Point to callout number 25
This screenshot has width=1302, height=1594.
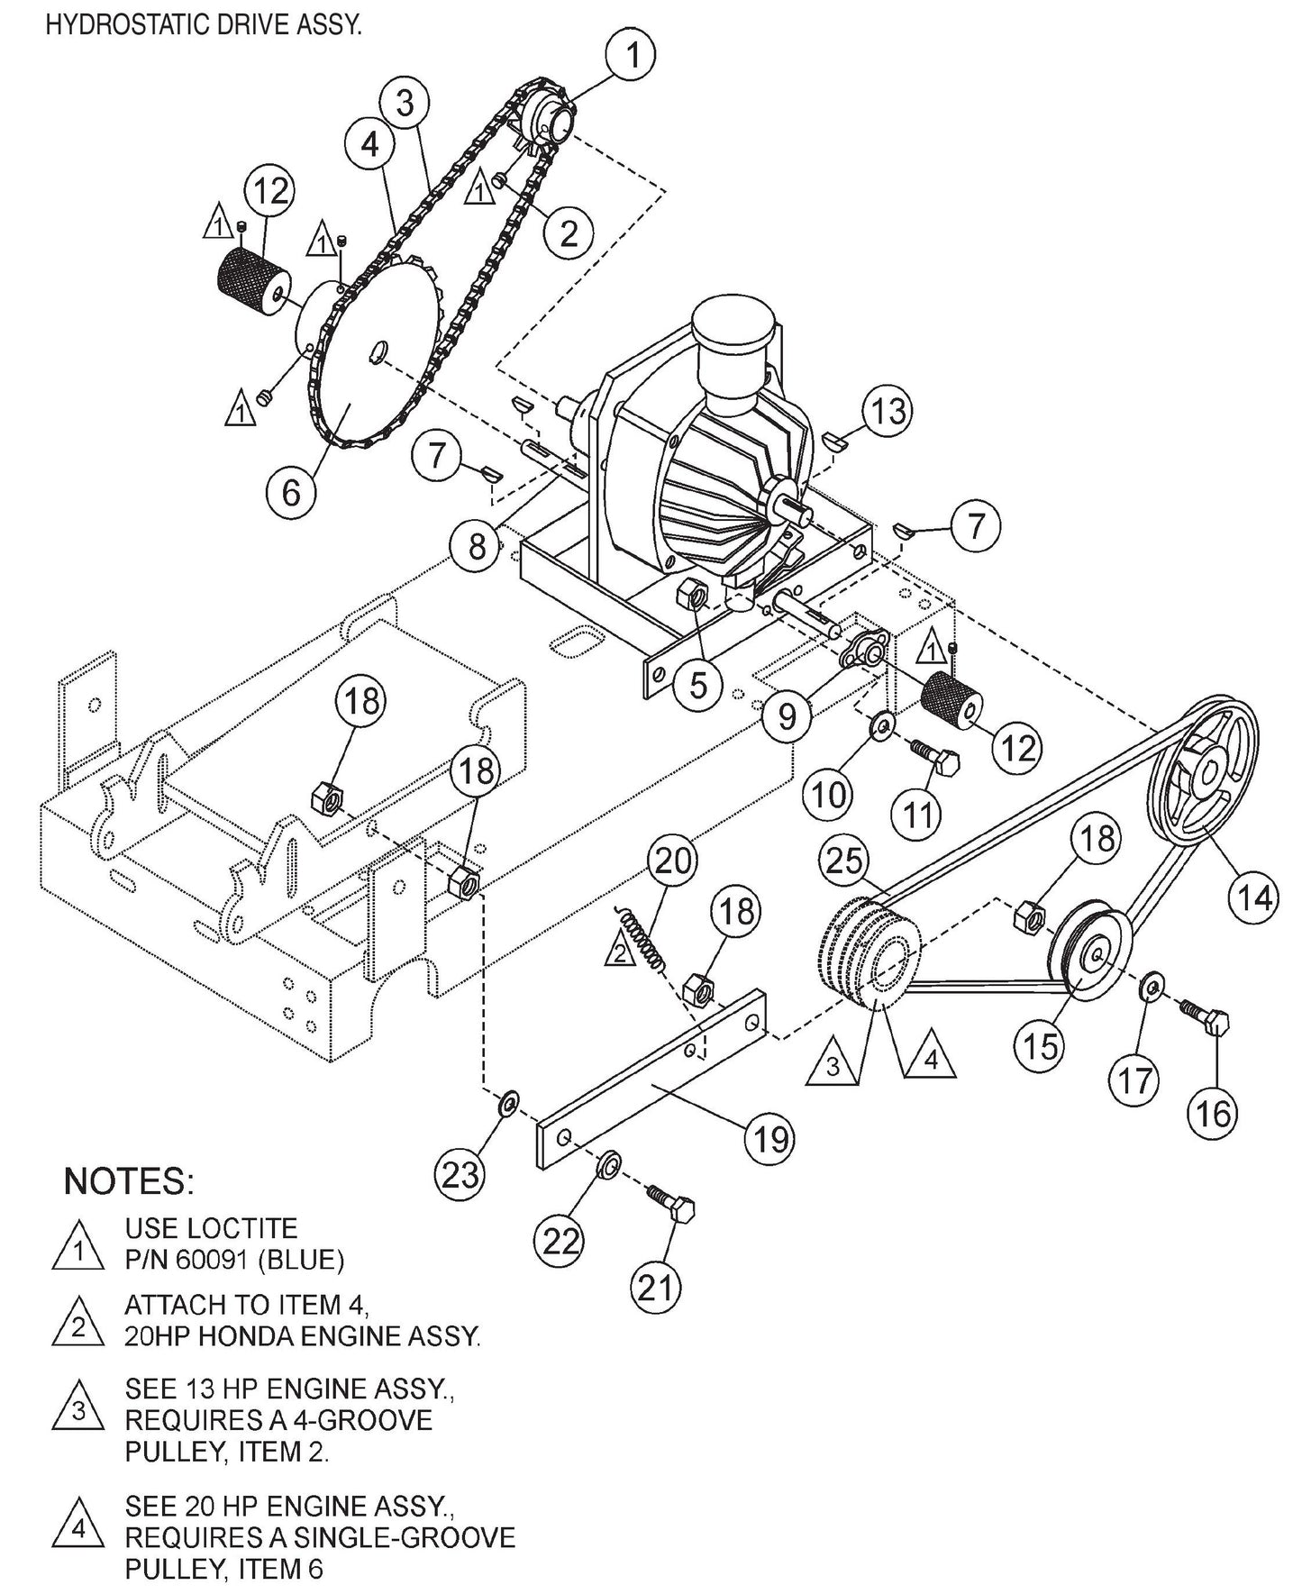(x=844, y=862)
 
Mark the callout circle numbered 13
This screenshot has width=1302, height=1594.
(x=888, y=412)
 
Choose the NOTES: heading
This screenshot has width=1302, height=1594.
(x=129, y=1181)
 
